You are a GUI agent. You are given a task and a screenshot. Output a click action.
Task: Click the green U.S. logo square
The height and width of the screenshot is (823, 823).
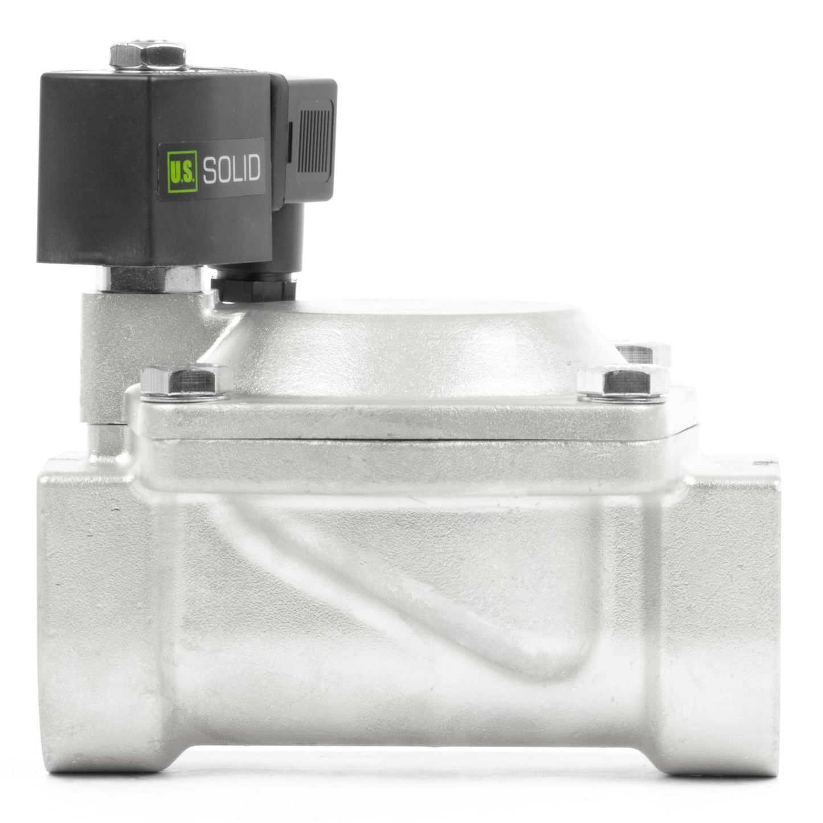[x=182, y=171]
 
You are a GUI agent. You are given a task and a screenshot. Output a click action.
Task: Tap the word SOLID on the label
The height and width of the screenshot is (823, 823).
[x=231, y=169]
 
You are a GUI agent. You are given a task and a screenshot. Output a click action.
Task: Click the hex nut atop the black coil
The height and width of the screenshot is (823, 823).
[x=148, y=55]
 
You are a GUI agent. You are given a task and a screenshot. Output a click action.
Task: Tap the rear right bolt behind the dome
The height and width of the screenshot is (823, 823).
[x=643, y=354]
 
